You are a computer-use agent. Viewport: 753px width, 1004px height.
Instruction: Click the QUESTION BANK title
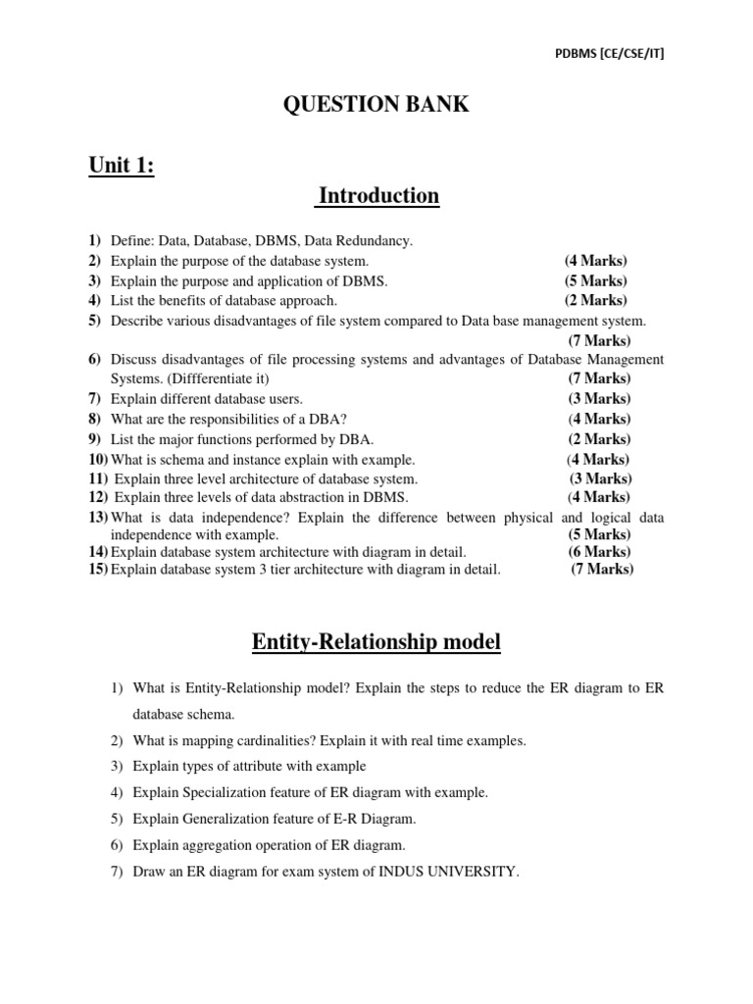click(x=376, y=105)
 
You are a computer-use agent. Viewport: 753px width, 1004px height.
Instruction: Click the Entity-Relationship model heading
click(x=376, y=642)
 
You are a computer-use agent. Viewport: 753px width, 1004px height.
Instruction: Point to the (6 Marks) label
click(x=599, y=552)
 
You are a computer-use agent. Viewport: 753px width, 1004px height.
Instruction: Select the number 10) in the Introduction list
click(x=98, y=459)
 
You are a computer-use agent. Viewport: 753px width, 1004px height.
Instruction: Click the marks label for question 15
click(x=602, y=570)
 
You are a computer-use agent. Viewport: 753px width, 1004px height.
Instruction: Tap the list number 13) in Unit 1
click(x=98, y=517)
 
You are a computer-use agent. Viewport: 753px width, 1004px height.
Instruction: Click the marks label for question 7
click(x=600, y=399)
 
